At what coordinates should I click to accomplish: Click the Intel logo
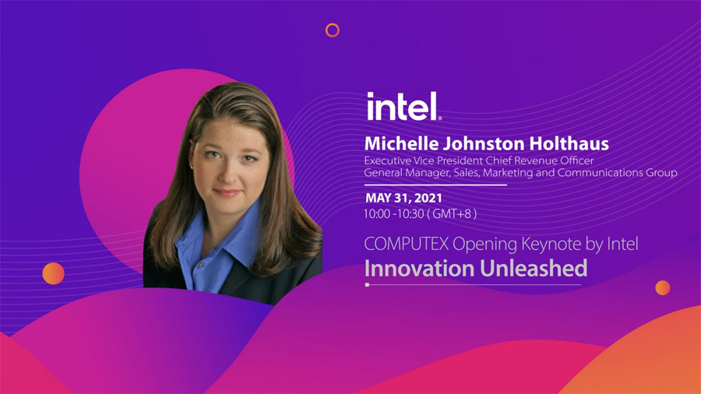click(404, 107)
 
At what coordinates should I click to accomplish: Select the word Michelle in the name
click(401, 144)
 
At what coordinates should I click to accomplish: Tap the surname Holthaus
click(569, 144)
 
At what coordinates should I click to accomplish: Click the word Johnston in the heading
click(484, 144)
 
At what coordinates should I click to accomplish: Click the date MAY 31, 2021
click(403, 198)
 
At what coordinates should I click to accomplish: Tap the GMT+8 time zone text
click(452, 214)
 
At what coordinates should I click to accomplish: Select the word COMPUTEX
click(406, 244)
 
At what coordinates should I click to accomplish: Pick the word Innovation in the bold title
click(419, 268)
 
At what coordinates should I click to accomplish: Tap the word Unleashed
click(534, 268)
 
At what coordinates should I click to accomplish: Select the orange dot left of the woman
click(53, 273)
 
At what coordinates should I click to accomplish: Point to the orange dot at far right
click(663, 287)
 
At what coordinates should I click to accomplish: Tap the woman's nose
click(229, 172)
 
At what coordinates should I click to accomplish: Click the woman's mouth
click(227, 192)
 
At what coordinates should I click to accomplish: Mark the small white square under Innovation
click(367, 284)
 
